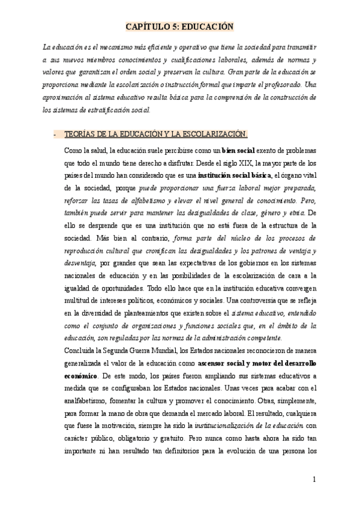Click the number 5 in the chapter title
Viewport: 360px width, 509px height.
tap(181, 26)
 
